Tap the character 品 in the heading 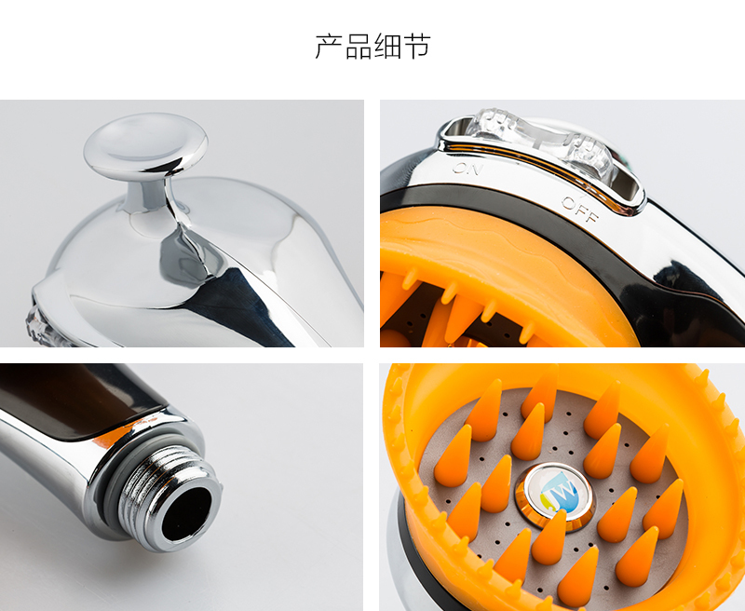(x=359, y=47)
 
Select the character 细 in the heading (x=387, y=47)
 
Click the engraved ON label (x=465, y=169)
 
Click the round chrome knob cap (x=145, y=144)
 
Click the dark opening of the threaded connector (x=186, y=514)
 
